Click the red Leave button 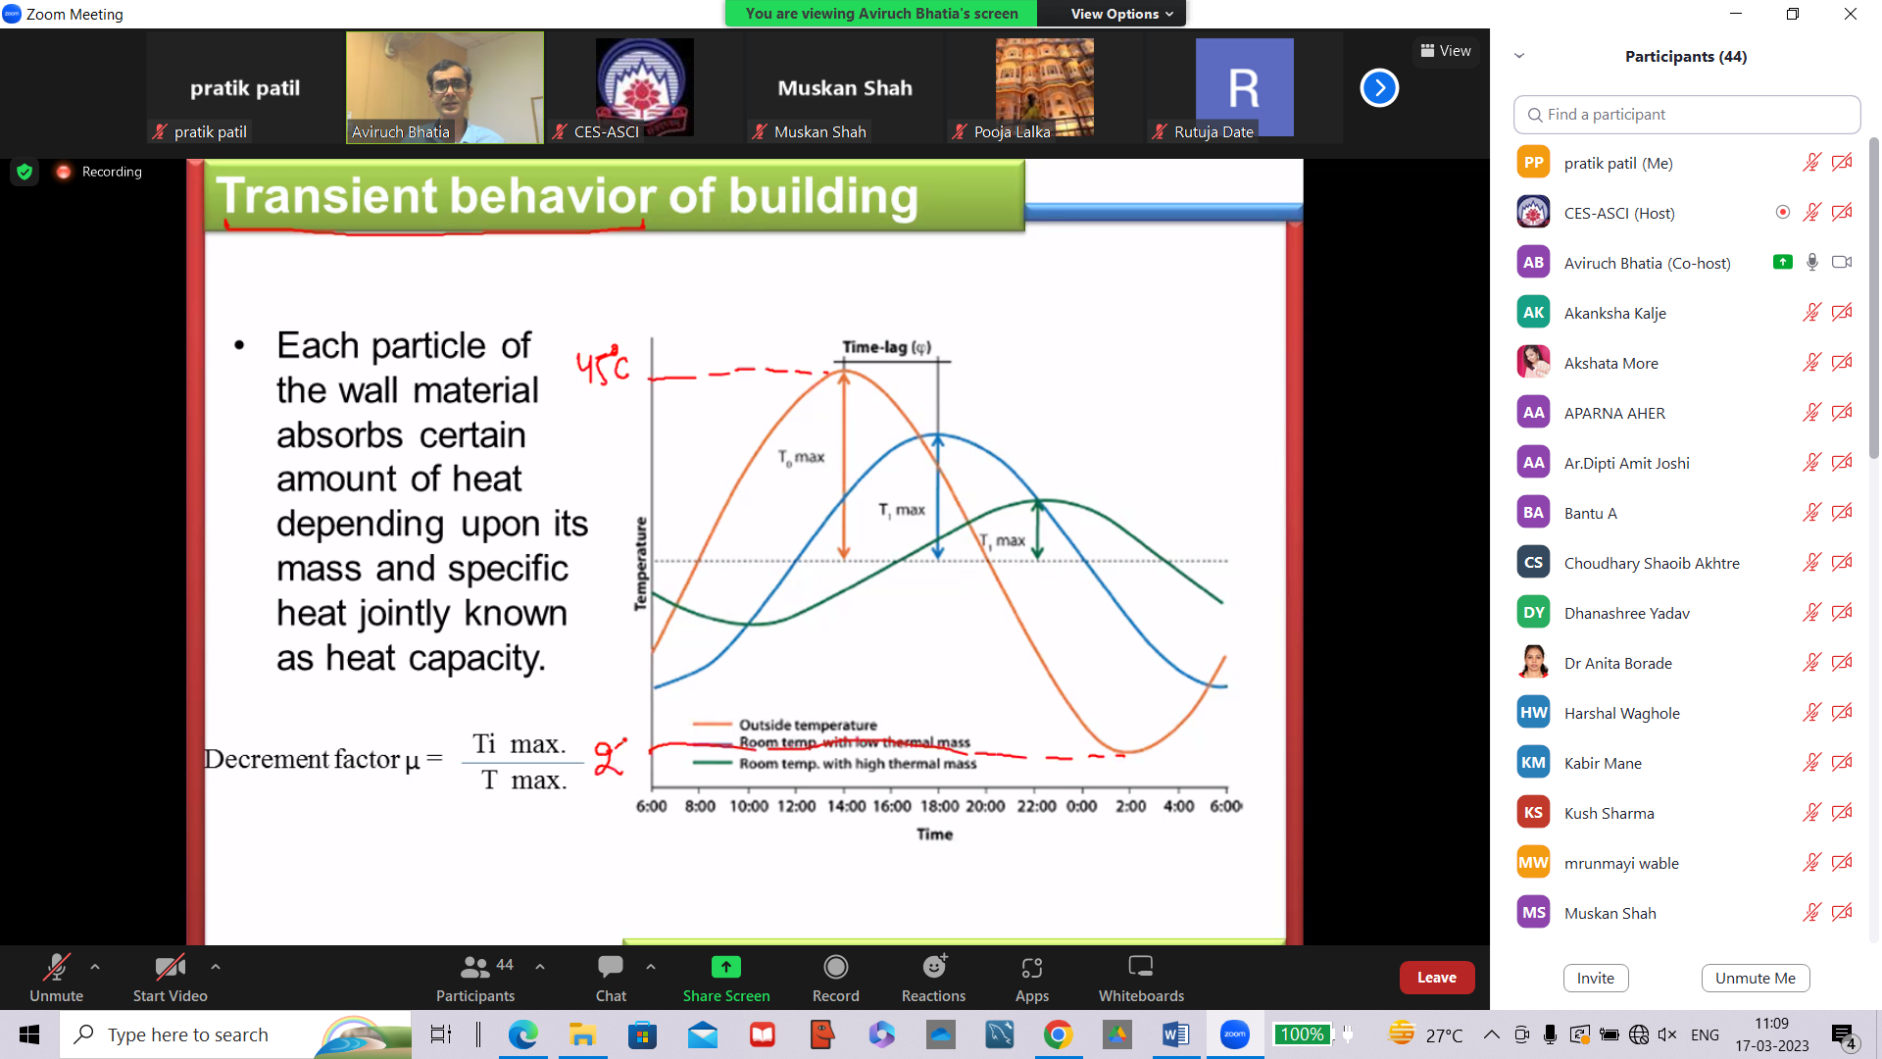[x=1436, y=978]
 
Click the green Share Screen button [x=725, y=979]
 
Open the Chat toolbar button [x=611, y=979]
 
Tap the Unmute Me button [x=1755, y=978]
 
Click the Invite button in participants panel [x=1595, y=978]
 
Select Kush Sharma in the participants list [x=1609, y=813]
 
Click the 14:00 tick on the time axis [x=846, y=806]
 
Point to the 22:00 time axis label [x=1036, y=806]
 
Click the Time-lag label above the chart [x=886, y=347]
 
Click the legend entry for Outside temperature [x=808, y=725]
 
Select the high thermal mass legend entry [x=857, y=764]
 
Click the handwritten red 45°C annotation [x=602, y=367]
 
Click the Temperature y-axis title [x=641, y=564]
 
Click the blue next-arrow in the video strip [x=1378, y=88]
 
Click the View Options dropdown [x=1120, y=14]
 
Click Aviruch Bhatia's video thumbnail [x=444, y=88]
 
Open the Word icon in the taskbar [x=1175, y=1034]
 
